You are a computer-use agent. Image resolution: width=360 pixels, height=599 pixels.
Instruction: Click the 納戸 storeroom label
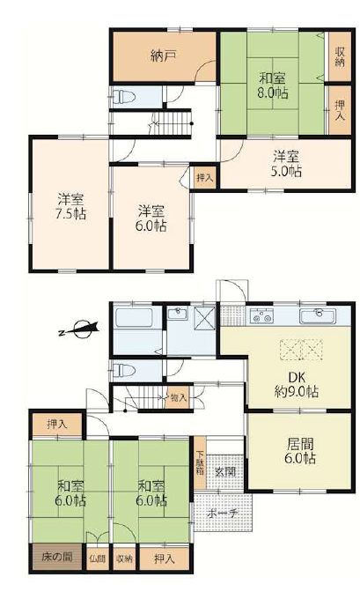pos(163,56)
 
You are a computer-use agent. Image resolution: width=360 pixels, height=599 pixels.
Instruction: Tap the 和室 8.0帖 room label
pos(273,86)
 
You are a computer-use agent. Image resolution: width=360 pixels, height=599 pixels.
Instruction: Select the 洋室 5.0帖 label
pos(286,164)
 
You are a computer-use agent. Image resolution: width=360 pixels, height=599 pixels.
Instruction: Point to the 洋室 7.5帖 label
pos(70,207)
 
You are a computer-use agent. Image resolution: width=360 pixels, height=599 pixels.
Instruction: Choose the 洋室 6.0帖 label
pos(151,218)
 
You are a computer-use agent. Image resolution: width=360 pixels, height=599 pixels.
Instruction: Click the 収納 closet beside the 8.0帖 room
pos(340,57)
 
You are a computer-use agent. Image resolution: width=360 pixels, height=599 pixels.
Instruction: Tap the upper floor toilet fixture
pos(124,97)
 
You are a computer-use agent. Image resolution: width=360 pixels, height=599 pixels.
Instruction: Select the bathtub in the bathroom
pos(134,318)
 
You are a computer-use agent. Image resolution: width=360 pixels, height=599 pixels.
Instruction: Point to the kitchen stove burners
pos(261,317)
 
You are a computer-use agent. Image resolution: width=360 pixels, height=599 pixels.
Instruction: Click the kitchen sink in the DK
pos(318,316)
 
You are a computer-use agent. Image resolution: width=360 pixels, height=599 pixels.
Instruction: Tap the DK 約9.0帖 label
pos(297,385)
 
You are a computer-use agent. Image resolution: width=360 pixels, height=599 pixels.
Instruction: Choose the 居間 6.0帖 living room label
pos(300,451)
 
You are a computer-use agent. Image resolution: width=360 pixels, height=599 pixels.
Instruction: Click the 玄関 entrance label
pos(224,472)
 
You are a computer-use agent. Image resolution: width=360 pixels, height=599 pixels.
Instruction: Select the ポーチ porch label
pos(223,514)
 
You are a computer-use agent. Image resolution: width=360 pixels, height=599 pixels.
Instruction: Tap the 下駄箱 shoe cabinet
pos(200,463)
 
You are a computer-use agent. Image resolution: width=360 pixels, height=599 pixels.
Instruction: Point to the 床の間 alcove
pos(57,557)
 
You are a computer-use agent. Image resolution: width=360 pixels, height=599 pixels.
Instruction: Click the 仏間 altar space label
pos(98,558)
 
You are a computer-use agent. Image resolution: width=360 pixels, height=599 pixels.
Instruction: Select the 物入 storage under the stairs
pos(179,398)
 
